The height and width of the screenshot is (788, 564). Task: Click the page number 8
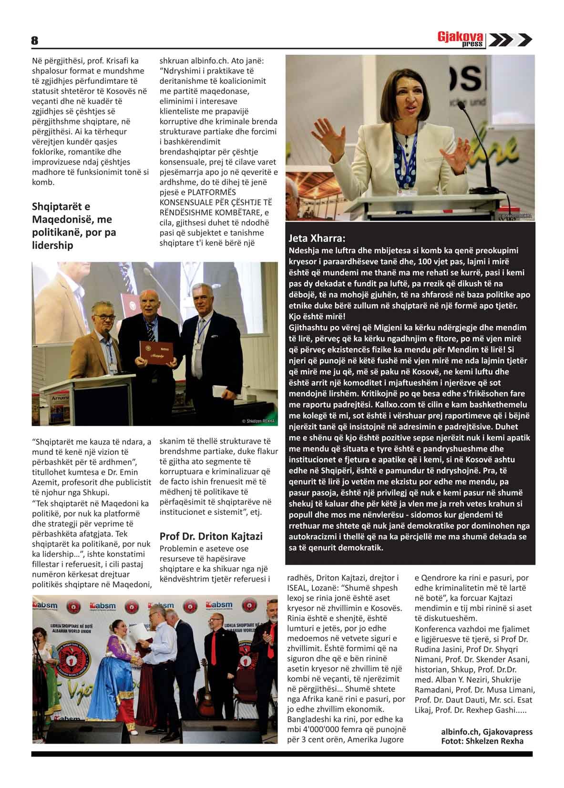pos(35,41)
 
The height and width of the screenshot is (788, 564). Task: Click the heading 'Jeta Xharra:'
pos(317,238)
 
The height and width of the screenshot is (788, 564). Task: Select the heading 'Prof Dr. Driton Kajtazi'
pos(211,536)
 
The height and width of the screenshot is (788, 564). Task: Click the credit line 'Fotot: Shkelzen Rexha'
pos(482,741)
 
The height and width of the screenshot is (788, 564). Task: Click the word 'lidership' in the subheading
pos(52,246)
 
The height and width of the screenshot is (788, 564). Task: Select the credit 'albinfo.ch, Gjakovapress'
pos(486,732)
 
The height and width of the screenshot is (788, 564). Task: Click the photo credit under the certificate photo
pos(258,421)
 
